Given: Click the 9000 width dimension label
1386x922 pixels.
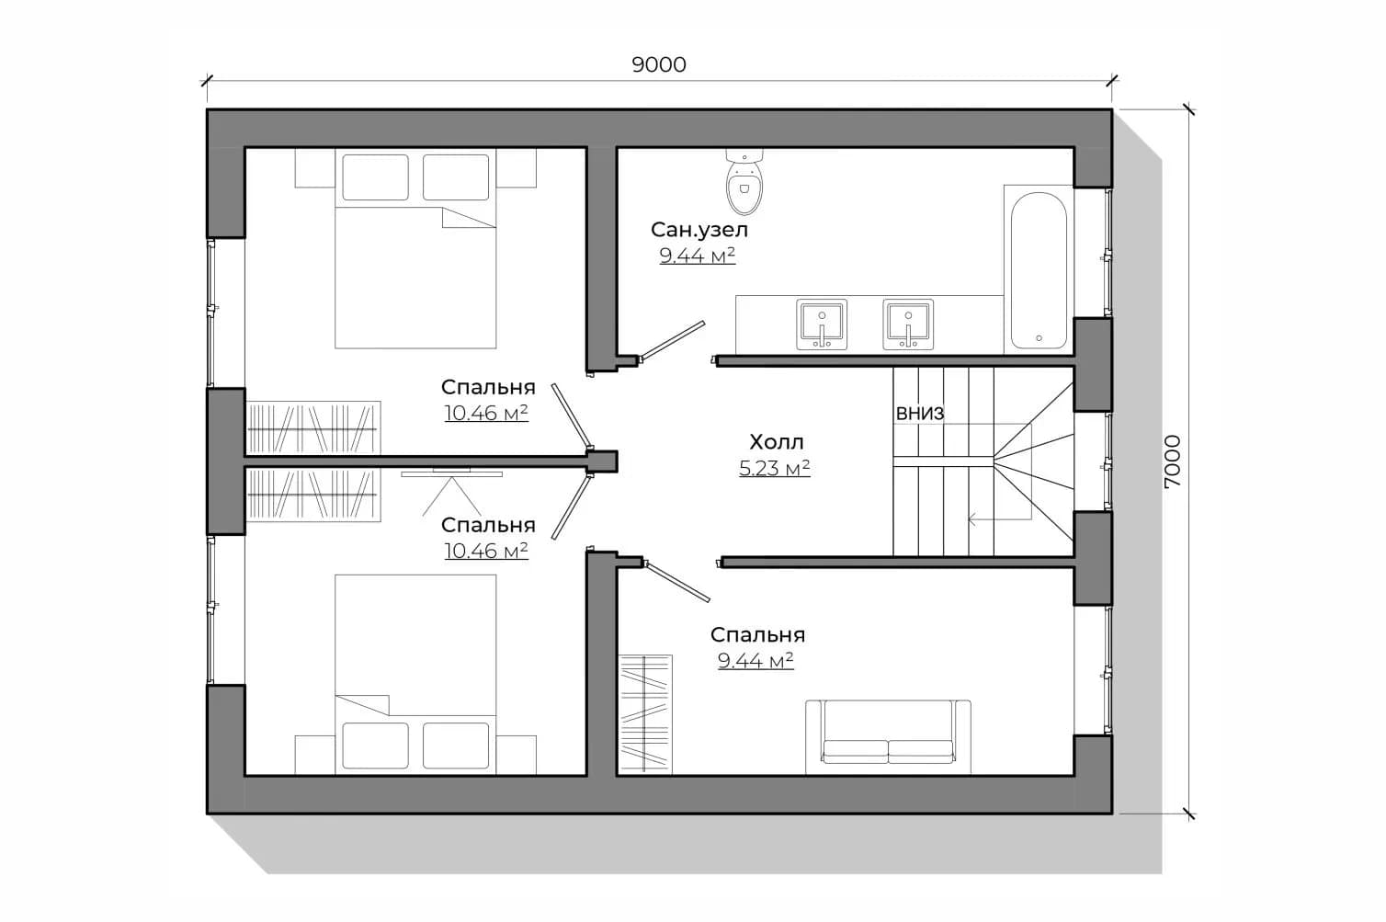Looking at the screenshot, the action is [x=659, y=64].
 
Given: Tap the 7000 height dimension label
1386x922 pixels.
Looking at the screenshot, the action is [x=1172, y=461].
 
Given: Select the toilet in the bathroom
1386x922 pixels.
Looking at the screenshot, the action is [x=744, y=181].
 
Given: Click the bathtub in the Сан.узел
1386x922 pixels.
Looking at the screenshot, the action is [x=1039, y=270].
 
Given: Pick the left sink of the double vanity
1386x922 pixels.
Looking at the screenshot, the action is [x=822, y=324].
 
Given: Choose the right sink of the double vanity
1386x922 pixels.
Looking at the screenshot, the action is [x=908, y=324].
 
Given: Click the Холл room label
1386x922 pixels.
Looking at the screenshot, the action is [x=777, y=442].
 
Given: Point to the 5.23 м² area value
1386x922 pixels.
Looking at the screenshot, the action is [x=775, y=469].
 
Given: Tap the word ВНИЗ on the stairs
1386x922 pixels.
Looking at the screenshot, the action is [x=920, y=414].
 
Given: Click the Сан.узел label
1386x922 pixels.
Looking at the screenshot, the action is [x=699, y=230].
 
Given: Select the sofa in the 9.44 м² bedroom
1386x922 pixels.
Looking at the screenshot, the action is [x=888, y=737].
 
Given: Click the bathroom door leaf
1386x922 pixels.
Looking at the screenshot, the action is [x=672, y=341].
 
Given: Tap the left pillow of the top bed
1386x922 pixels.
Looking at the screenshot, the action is [x=376, y=177].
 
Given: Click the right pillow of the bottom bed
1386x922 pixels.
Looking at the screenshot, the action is [x=456, y=746].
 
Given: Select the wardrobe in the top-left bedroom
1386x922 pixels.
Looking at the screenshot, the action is [x=313, y=427].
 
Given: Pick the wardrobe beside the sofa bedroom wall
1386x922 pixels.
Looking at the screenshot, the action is [x=645, y=714].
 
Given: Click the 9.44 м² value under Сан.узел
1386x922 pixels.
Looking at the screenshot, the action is [x=698, y=256].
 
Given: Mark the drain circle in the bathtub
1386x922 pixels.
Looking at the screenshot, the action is [x=1039, y=338].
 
